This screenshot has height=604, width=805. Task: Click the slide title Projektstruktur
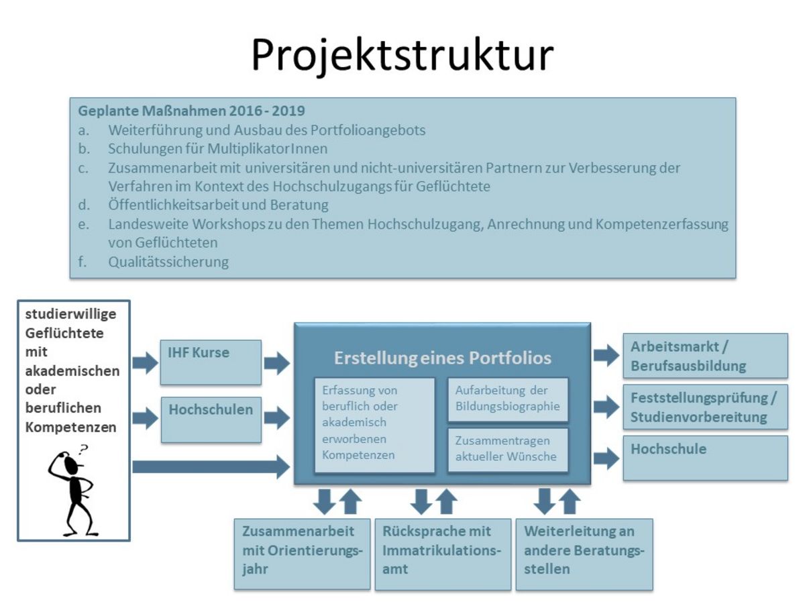[402, 55]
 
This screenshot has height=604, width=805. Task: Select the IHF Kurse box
[211, 362]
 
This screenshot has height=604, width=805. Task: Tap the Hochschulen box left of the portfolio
[211, 420]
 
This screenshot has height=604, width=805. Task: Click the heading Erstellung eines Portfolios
[442, 358]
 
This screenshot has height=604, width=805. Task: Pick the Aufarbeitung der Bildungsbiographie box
[508, 399]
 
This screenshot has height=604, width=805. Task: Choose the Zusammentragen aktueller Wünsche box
[508, 450]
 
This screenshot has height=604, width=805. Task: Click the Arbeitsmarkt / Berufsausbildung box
[705, 356]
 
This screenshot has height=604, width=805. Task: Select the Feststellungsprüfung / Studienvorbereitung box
[705, 407]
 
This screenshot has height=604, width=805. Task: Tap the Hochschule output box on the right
[705, 458]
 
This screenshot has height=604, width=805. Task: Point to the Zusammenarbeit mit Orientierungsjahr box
[302, 554]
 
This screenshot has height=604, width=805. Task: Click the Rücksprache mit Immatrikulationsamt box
[443, 554]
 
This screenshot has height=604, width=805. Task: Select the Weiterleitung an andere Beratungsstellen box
[584, 554]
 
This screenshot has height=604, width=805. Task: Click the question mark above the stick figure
[84, 450]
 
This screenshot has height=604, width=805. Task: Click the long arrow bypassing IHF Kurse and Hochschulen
[211, 467]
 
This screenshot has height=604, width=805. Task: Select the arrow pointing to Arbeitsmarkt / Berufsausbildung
[606, 355]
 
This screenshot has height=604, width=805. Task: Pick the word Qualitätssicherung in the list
[168, 262]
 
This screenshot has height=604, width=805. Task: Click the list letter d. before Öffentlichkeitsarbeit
[84, 205]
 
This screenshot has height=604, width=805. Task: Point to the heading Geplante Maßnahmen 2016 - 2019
[191, 111]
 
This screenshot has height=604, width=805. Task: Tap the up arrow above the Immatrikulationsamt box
[446, 501]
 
